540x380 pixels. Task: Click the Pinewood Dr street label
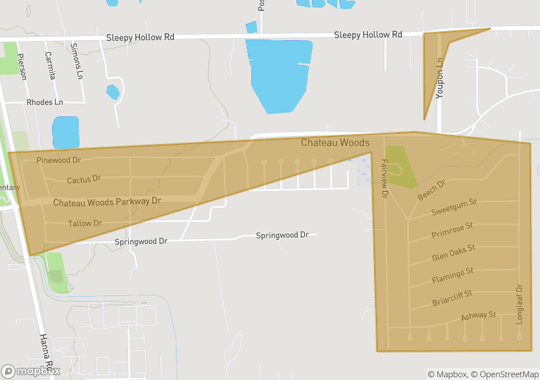59,161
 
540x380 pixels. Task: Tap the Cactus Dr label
84,180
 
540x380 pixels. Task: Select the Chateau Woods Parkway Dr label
107,202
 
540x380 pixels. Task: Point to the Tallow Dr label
85,223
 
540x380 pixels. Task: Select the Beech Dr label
432,190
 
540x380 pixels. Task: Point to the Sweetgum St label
453,207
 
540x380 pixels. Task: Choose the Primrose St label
452,229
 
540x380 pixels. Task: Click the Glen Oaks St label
453,252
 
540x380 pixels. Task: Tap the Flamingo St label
452,274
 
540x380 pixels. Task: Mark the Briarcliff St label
452,298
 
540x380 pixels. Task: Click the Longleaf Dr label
520,304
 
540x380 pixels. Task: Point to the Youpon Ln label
440,78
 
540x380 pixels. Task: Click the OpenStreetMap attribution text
504,374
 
